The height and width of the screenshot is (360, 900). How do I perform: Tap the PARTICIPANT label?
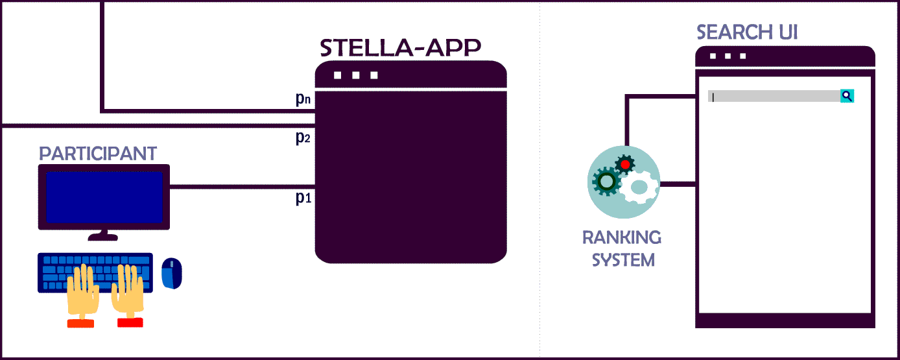(x=98, y=154)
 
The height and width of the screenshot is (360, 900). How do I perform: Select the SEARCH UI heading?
(x=747, y=32)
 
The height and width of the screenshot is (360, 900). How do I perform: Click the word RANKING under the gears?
(x=622, y=237)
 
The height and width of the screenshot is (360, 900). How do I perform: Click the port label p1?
(x=303, y=198)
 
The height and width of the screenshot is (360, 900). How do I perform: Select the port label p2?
(x=303, y=138)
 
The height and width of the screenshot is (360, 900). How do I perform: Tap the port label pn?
(x=303, y=99)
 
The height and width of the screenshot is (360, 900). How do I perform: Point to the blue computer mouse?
(x=172, y=273)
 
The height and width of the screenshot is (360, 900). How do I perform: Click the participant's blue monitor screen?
(x=104, y=197)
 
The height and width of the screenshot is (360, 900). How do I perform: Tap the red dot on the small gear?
(x=625, y=165)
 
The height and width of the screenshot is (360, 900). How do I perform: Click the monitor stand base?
(x=103, y=237)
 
